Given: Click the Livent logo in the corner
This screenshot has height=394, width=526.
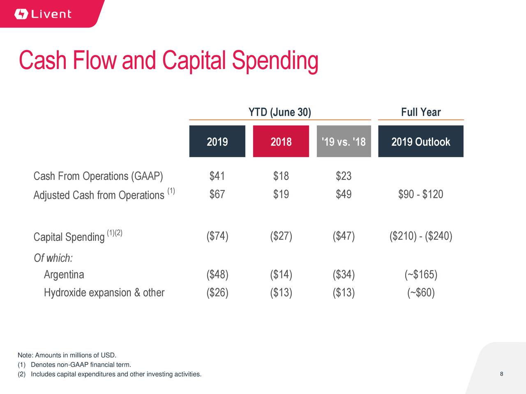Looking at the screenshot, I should pos(43,14).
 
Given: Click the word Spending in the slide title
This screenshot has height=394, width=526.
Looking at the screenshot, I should pos(275,61).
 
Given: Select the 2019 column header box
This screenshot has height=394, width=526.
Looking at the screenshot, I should pos(217,142).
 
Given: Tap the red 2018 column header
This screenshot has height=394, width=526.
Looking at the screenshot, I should pos(281,142).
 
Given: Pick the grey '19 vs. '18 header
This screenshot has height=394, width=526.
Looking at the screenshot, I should pos(344,142).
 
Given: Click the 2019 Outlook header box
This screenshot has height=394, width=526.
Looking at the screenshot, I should pos(420,142).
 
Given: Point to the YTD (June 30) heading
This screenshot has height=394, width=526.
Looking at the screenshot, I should pos(279,112).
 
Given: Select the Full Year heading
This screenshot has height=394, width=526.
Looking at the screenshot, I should pos(420,112).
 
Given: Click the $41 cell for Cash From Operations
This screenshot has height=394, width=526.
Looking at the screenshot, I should pos(217,176).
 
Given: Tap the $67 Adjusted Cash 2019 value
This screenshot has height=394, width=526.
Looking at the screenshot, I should pos(217,194).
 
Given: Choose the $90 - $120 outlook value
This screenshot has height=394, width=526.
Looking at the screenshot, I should pos(420,194).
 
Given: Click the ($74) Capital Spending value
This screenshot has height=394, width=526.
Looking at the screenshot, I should pos(217,236).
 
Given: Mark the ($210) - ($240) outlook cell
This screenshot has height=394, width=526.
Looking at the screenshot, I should pos(420,236).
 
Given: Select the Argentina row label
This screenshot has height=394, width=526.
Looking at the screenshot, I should pos(64,274).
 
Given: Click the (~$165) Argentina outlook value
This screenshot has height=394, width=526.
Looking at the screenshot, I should pos(420,274).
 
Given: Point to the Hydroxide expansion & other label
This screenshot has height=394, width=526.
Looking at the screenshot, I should pos(104,293).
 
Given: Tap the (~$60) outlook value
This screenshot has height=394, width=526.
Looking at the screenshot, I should pos(420,293).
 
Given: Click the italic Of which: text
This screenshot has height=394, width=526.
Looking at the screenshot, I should pos(53,258).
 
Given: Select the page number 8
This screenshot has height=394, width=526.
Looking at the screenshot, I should pos(502,374).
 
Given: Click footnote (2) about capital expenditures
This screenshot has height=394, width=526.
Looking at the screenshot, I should pos(110,374).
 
